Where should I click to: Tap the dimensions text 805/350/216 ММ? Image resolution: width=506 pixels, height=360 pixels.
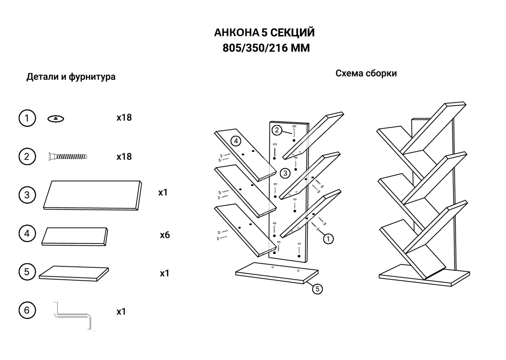(x=266, y=48)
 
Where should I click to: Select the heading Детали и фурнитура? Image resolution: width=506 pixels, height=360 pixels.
(x=71, y=77)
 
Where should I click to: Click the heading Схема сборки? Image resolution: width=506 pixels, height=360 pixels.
(x=366, y=73)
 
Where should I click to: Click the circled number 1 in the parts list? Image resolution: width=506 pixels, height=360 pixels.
(x=27, y=118)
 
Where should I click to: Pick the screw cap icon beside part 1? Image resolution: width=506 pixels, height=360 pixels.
(x=56, y=119)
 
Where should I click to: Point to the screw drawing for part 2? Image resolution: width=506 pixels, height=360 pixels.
(x=68, y=156)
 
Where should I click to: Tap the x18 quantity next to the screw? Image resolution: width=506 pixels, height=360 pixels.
(x=124, y=157)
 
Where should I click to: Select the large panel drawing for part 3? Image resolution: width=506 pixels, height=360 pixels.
(x=92, y=195)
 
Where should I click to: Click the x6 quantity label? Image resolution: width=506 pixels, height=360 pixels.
(x=165, y=235)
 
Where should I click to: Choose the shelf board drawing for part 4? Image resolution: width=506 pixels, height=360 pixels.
(x=75, y=236)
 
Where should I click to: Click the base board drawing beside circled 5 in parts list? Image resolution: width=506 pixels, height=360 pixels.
(x=74, y=273)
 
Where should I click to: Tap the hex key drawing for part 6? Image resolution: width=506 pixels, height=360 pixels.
(x=73, y=315)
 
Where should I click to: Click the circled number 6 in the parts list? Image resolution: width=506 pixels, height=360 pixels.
(x=27, y=310)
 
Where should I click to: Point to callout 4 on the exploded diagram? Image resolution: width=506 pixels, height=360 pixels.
(x=236, y=141)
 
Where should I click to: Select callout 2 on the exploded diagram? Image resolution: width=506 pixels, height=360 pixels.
(x=277, y=130)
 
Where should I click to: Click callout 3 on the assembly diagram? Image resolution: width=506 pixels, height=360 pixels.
(x=285, y=173)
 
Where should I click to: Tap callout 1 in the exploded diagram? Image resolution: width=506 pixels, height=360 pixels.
(x=328, y=239)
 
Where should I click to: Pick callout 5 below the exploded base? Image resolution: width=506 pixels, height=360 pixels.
(x=317, y=289)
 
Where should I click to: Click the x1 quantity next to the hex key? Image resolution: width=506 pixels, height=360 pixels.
(x=121, y=312)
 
